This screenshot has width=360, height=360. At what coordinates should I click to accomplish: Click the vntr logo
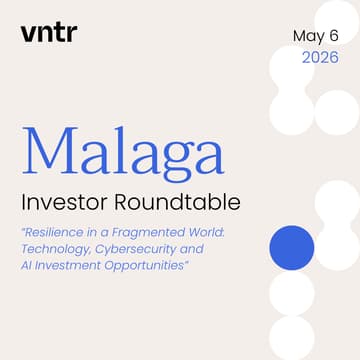pyautogui.click(x=48, y=32)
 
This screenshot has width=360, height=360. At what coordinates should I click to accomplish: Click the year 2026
pyautogui.click(x=320, y=58)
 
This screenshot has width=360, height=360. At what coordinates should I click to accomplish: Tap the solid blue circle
pyautogui.click(x=292, y=247)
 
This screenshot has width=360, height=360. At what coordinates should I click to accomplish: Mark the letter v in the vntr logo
pyautogui.click(x=27, y=33)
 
